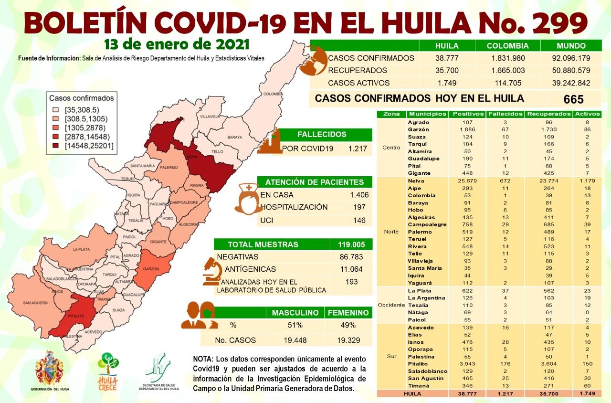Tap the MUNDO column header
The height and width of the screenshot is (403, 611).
pyautogui.click(x=571, y=46)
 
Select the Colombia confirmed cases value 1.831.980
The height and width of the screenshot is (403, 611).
pyautogui.click(x=507, y=58)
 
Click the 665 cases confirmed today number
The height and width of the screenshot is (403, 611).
pyautogui.click(x=573, y=99)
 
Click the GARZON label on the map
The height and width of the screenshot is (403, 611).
pyautogui.click(x=151, y=269)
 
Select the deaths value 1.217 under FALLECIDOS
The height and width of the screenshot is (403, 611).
pyautogui.click(x=358, y=149)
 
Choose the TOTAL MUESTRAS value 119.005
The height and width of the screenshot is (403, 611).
pyautogui.click(x=351, y=244)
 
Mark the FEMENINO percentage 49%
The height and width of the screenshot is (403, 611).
pyautogui.click(x=348, y=325)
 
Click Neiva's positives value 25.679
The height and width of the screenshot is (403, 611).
pyautogui.click(x=461, y=181)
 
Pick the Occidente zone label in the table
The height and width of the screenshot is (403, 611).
pyautogui.click(x=391, y=305)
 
